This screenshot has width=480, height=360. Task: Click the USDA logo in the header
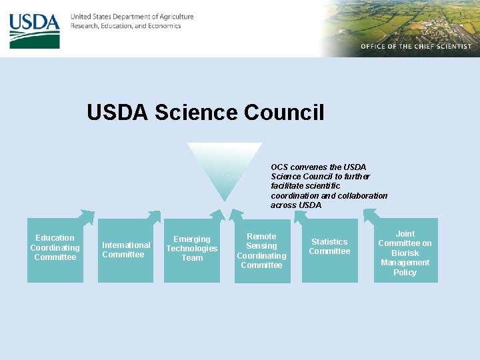(x=35, y=31)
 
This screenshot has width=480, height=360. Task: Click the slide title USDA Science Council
(x=205, y=113)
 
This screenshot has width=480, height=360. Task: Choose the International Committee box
(x=126, y=250)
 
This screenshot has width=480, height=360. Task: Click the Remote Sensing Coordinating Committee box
(x=262, y=251)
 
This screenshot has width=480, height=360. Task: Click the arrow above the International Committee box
(x=153, y=216)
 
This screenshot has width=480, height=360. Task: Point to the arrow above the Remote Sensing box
(x=236, y=215)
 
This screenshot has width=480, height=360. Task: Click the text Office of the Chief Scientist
(x=416, y=47)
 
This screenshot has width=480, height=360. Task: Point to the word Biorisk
(x=405, y=253)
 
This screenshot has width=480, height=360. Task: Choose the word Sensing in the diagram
(x=261, y=246)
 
